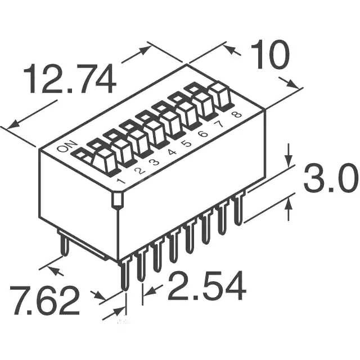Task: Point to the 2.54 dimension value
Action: (207, 287)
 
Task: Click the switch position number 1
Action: (120, 181)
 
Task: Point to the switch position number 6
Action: (204, 133)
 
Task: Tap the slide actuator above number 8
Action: (221, 96)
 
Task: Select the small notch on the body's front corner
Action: (117, 200)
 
